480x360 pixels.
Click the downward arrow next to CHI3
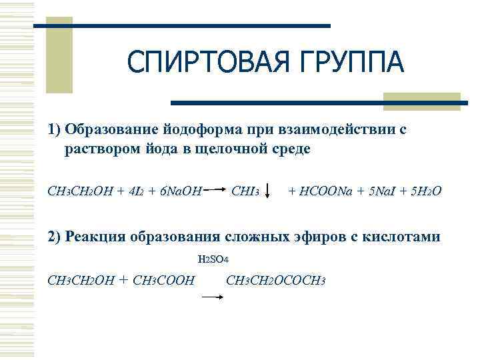coord(267,192)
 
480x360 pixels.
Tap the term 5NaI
coord(387,192)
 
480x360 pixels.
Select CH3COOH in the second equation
coord(164,279)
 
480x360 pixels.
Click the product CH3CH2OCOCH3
coord(275,279)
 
